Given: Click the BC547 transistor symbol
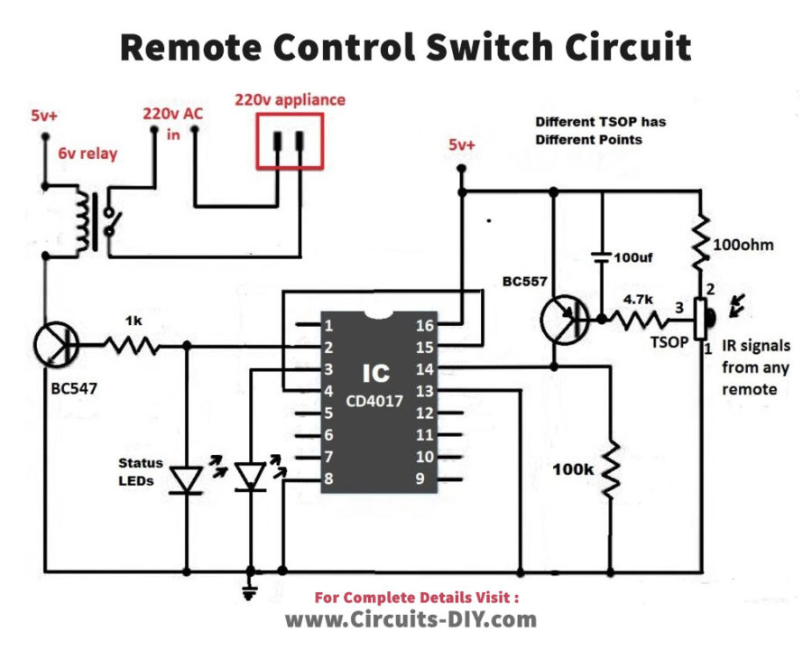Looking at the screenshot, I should (56, 343).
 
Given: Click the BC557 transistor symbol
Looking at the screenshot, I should (565, 319).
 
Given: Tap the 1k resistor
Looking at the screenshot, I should (133, 344).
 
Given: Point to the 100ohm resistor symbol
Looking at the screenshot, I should (700, 245).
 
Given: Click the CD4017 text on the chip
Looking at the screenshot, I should (373, 400).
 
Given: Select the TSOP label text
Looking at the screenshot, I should (669, 344).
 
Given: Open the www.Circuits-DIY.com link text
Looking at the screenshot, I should (411, 619).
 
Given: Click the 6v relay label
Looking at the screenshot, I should (88, 153).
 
